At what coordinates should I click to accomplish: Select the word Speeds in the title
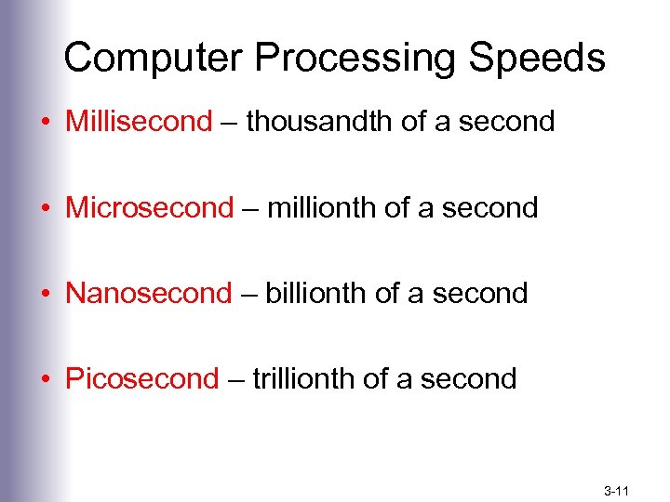coord(539,58)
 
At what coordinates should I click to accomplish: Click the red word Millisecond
coord(139,122)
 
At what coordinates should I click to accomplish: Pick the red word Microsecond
coord(149,207)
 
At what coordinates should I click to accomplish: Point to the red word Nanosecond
coord(148,293)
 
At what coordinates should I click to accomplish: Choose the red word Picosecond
coord(141,378)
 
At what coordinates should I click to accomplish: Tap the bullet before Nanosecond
coord(47,295)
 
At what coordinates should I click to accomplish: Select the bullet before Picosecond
coord(47,380)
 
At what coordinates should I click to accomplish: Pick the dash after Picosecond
coord(234,380)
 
